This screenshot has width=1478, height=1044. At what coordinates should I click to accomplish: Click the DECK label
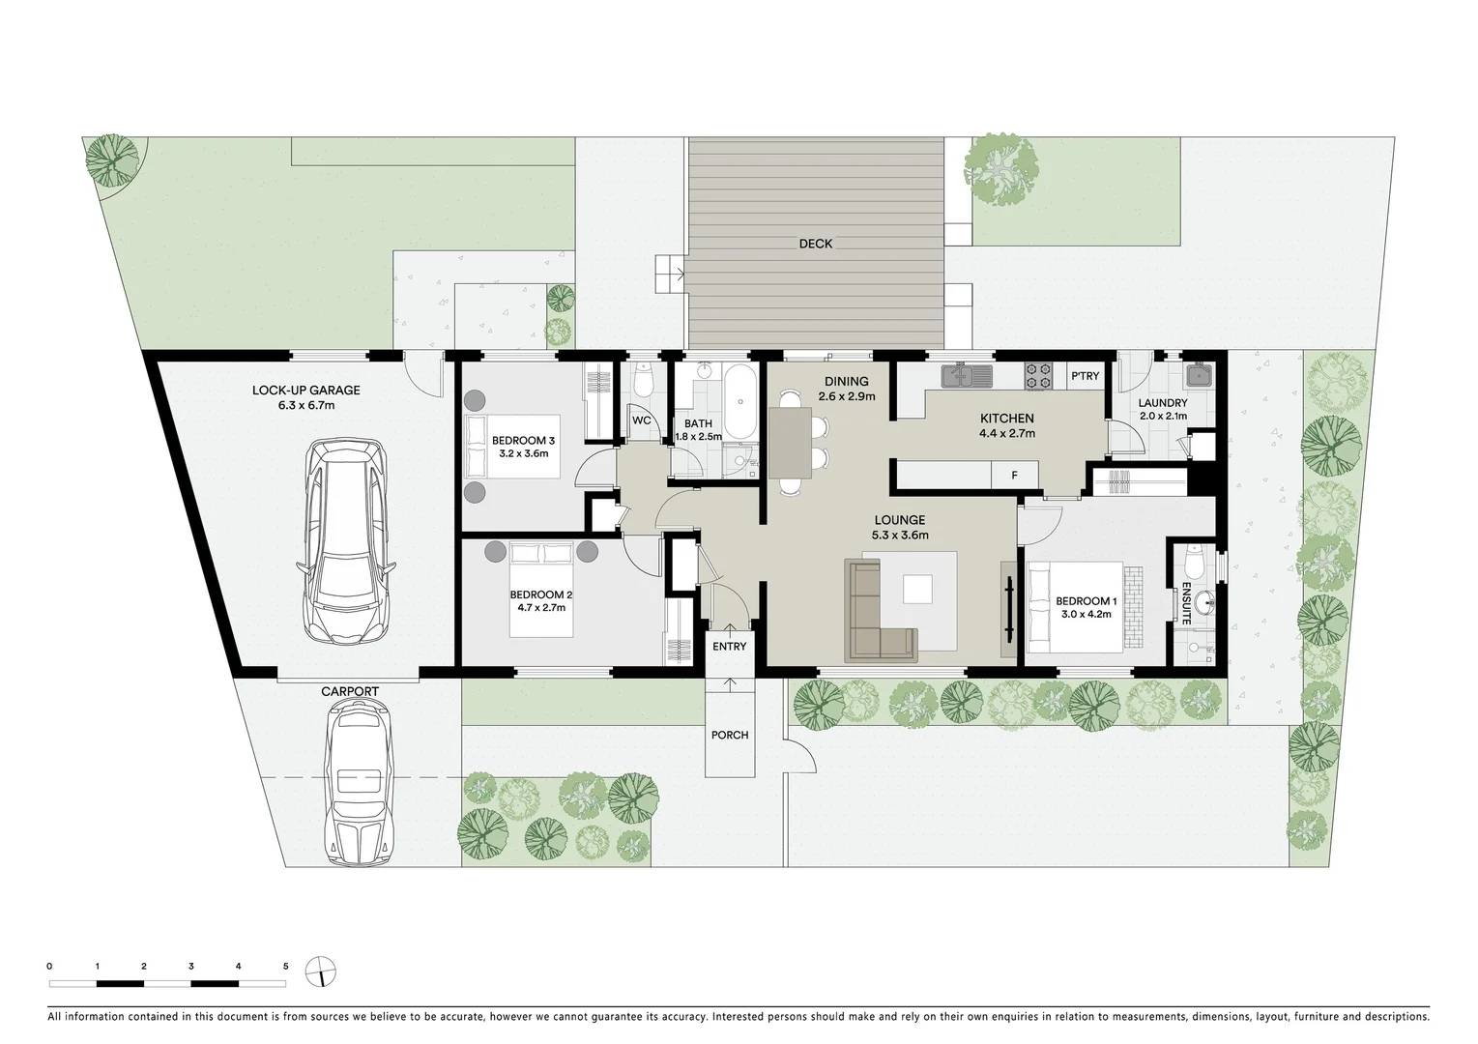[x=815, y=244]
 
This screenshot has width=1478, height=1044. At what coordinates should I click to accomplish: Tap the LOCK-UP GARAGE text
[x=305, y=391]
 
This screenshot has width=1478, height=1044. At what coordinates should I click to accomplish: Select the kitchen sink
[x=963, y=374]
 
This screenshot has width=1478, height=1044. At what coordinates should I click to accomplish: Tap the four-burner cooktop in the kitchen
[x=1038, y=375]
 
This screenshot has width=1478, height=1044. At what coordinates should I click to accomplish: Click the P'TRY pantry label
[x=1085, y=375]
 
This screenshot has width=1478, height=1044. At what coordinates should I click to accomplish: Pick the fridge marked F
[x=1014, y=475]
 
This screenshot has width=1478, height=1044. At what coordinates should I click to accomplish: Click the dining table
[x=790, y=442]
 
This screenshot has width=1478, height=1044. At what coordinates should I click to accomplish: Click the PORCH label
[x=730, y=735]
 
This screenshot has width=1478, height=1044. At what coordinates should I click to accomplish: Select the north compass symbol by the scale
[x=319, y=971]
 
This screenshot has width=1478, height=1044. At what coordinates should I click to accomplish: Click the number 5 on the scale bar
[x=285, y=966]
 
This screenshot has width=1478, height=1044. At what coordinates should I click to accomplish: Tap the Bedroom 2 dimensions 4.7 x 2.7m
[x=541, y=608]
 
